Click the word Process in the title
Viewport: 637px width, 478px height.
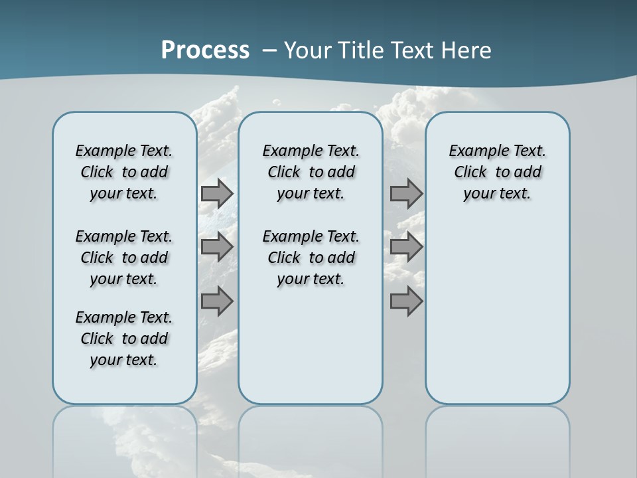(x=205, y=50)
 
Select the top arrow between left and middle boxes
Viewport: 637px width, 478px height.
(x=217, y=193)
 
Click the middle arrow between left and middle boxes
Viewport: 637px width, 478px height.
(x=217, y=247)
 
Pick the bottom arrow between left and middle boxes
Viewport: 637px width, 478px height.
(x=217, y=301)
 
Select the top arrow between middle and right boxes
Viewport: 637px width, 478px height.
(x=406, y=193)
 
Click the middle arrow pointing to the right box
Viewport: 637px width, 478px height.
(x=406, y=247)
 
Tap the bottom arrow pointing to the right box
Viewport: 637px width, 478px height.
(x=406, y=301)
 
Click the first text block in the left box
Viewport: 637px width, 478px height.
(x=124, y=172)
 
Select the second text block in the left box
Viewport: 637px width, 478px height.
(x=124, y=258)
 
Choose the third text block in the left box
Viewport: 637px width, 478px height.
(x=124, y=339)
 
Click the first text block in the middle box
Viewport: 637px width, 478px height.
(x=311, y=172)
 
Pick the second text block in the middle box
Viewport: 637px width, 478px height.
(x=311, y=258)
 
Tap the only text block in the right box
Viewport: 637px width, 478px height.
(x=497, y=172)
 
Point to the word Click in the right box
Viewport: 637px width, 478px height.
(x=470, y=173)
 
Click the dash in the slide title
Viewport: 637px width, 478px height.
(x=269, y=50)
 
